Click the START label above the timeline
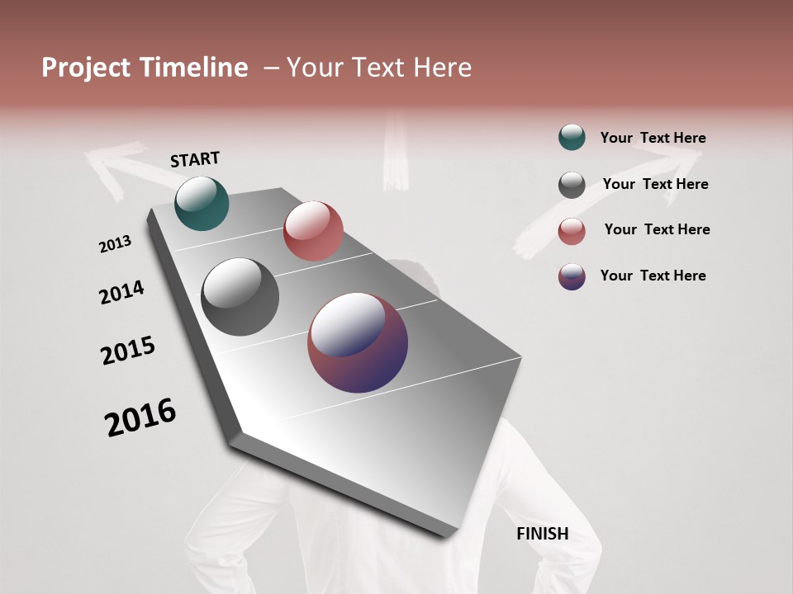pyautogui.click(x=195, y=159)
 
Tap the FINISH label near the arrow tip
pyautogui.click(x=542, y=534)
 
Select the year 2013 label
pyautogui.click(x=116, y=243)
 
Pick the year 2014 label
pyautogui.click(x=121, y=292)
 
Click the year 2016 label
pyautogui.click(x=140, y=417)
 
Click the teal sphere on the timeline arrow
pyautogui.click(x=202, y=203)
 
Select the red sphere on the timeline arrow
pyautogui.click(x=313, y=231)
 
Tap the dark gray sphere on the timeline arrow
pyautogui.click(x=240, y=297)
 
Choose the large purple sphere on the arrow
pyautogui.click(x=358, y=342)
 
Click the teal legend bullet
pyautogui.click(x=572, y=137)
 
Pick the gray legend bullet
pyautogui.click(x=572, y=185)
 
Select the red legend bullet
pyautogui.click(x=572, y=231)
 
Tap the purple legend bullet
pyautogui.click(x=572, y=276)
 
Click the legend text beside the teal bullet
pyautogui.click(x=653, y=138)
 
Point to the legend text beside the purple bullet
pyautogui.click(x=653, y=276)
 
